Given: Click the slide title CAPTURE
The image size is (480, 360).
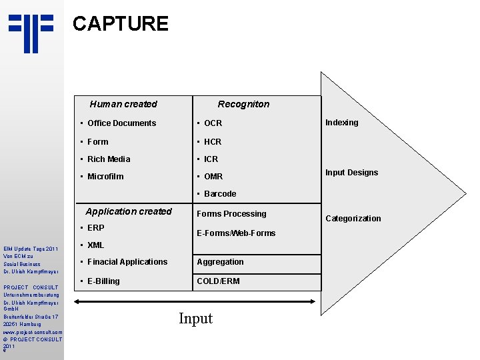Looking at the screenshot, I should coord(120,24).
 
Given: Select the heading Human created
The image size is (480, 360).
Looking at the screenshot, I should coord(123,104).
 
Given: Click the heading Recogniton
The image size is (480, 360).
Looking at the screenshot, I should coord(243,104).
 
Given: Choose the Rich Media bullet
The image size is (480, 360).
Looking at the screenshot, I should coord(109,159).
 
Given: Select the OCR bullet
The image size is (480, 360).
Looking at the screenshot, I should coord(213,123).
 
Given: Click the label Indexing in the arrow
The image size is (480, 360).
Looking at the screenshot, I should coord(341,123).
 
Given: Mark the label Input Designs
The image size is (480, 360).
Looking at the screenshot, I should coord(351,173).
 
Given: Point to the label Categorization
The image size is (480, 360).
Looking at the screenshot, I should coord(353,219).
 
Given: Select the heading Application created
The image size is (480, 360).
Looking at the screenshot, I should coord(129,212).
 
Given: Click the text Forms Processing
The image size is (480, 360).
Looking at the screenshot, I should coord(231,214).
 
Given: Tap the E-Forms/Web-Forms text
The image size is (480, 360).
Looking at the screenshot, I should coord(236,233).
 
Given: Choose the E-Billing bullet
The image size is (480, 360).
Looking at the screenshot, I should coord(103,281).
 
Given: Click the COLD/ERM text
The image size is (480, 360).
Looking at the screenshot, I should coord(218,281).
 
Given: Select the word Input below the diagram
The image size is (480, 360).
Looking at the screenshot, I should coord(195,319).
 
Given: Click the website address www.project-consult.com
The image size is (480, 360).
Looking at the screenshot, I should coord(33,332).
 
